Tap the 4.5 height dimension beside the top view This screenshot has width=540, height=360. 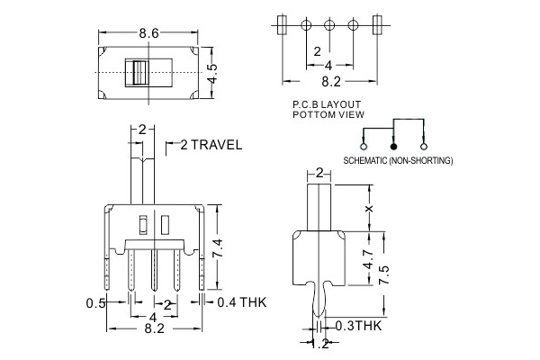[213, 72]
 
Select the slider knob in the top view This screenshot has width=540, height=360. [139, 73]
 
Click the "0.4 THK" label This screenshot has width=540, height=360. [241, 301]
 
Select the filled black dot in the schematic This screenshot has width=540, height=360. [392, 145]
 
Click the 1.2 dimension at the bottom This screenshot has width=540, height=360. [320, 343]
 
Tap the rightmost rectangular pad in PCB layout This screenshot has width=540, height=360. [377, 24]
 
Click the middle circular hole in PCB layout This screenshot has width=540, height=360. [330, 24]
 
